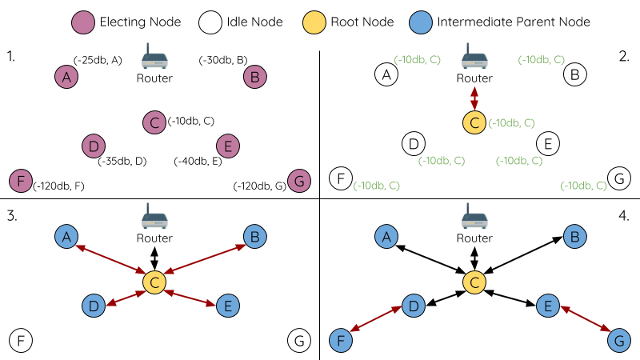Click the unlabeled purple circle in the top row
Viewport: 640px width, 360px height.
83,22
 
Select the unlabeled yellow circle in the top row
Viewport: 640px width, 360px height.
314,22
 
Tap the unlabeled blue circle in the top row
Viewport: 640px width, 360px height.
421,22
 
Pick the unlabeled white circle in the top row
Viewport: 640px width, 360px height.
210,22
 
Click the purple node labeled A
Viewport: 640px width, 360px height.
66,77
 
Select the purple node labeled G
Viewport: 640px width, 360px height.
299,182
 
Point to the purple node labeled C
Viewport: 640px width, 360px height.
154,122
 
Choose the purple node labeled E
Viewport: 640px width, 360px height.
228,146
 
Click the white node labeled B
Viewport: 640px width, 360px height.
574,76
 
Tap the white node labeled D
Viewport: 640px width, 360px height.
413,144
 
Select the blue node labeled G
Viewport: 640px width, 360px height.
618,341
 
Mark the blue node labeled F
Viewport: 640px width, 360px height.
342,341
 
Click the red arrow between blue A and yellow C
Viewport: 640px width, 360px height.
110,259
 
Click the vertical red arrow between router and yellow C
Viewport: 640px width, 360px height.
474,98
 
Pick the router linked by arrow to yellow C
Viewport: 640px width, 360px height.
475,58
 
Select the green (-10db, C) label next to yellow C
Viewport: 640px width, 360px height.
511,122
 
